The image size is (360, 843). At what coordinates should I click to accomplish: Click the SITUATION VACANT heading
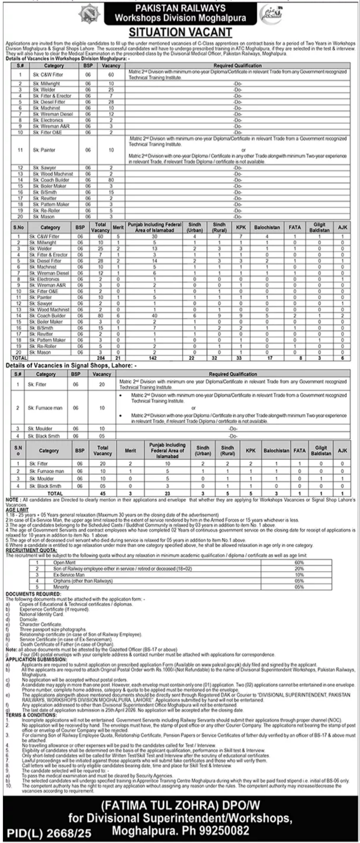coord(180,32)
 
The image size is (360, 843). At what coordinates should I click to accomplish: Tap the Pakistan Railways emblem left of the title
coord(88,13)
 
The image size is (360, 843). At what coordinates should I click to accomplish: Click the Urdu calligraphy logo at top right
coord(272,13)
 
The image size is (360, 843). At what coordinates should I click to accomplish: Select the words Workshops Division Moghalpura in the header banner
coord(180,18)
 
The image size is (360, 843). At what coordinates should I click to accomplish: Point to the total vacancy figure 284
coord(100,358)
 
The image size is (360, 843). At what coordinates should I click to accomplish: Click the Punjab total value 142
coord(154,358)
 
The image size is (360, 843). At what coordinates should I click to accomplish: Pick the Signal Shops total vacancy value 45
coord(102,493)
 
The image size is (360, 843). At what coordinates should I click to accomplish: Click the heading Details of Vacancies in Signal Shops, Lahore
coord(71,365)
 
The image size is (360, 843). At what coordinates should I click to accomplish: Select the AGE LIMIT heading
coord(17,509)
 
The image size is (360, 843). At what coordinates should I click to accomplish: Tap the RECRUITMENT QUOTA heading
coord(28,550)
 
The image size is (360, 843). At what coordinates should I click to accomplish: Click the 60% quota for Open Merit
coord(299,563)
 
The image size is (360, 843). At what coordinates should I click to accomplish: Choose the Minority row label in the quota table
coord(61,587)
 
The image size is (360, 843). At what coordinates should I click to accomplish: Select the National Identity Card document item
coord(42,614)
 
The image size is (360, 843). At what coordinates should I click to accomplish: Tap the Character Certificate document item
coord(41,624)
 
